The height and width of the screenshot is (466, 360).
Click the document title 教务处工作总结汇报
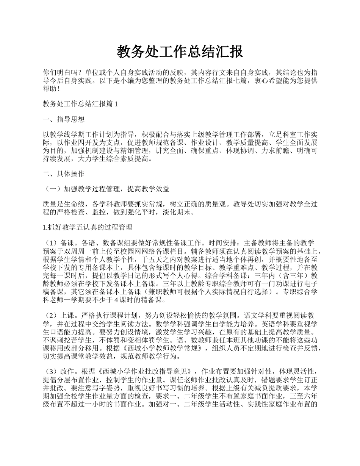(x=180, y=52)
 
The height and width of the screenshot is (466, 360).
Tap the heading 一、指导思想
(x=64, y=120)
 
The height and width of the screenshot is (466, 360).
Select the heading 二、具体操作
(x=64, y=174)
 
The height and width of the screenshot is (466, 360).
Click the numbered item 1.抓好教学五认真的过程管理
(x=88, y=228)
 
